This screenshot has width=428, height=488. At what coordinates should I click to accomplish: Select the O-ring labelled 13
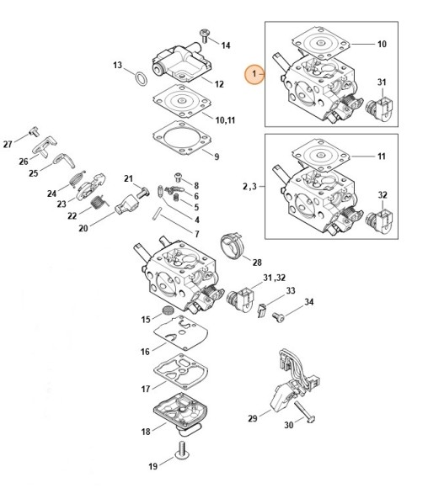tap(142, 77)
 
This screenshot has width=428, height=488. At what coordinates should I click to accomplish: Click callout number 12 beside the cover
tap(218, 84)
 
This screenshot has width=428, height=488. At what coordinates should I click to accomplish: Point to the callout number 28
tap(257, 263)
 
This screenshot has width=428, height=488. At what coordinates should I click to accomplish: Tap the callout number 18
tap(145, 432)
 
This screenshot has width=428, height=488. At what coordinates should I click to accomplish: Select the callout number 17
tap(145, 389)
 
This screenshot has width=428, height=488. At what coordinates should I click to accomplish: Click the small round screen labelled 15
tap(168, 317)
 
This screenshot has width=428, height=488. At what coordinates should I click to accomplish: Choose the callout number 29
tap(252, 418)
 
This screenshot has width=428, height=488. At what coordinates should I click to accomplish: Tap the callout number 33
tap(291, 290)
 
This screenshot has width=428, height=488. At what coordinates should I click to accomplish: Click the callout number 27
tap(8, 144)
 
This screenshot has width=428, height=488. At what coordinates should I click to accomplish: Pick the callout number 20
tap(83, 228)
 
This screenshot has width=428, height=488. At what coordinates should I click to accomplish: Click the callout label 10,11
tap(224, 120)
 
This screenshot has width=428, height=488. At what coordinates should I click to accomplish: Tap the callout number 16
tap(145, 351)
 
